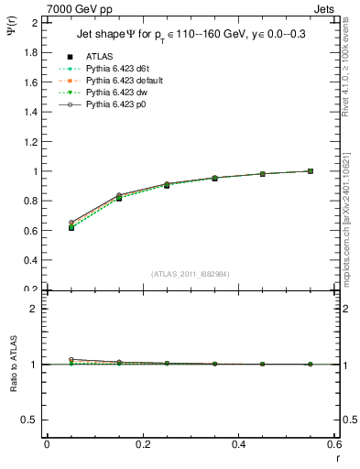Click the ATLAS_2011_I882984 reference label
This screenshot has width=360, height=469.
click(189, 274)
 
